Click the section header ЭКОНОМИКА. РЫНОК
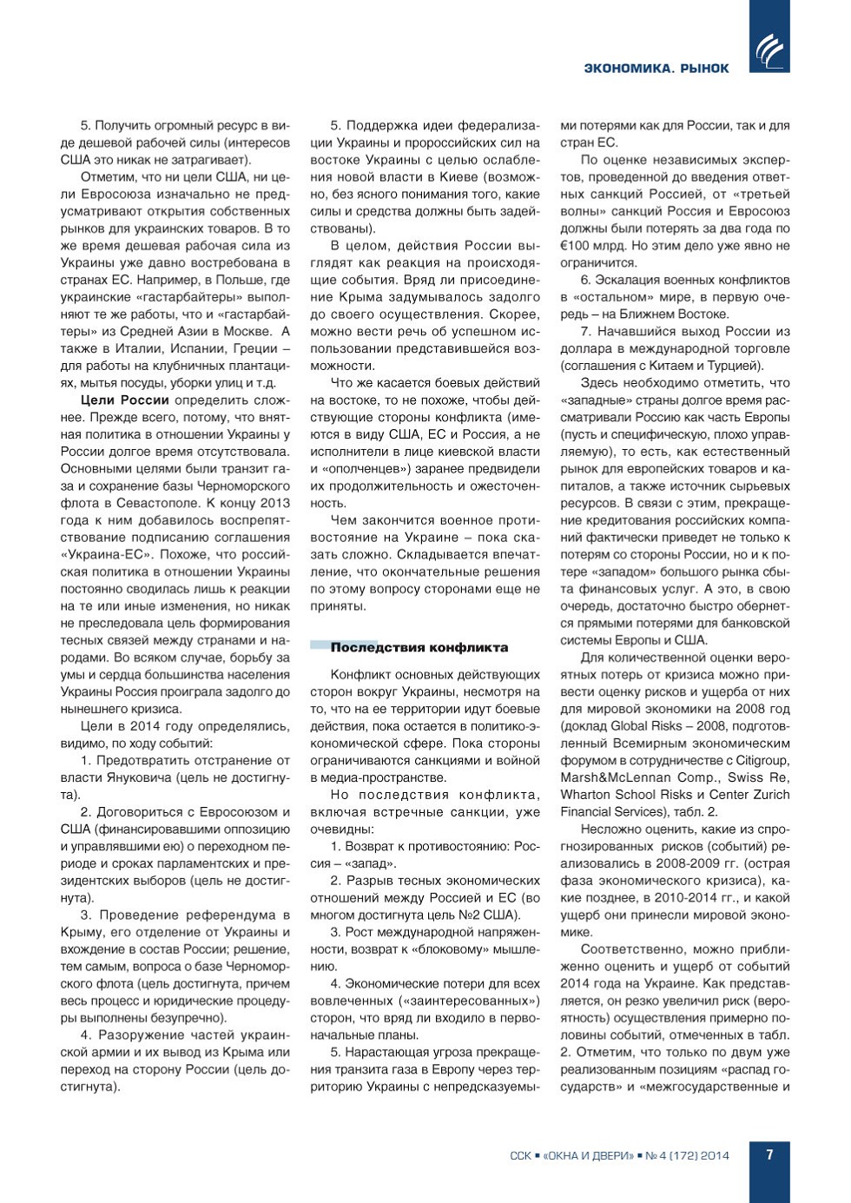tap(656, 69)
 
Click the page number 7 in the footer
tap(769, 1154)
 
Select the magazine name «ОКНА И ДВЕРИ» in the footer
tap(589, 1155)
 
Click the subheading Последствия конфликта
tap(419, 647)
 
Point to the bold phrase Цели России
tap(124, 400)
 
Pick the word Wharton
tap(587, 795)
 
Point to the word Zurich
tap(769, 795)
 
